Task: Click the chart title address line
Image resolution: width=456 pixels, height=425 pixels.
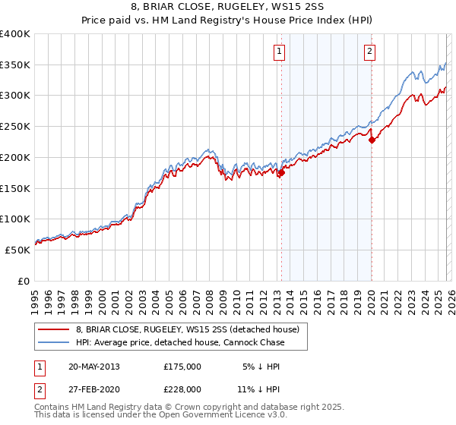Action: [228, 7]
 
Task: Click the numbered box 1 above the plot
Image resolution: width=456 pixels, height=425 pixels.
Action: [279, 52]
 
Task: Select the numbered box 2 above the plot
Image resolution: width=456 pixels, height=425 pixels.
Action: [369, 52]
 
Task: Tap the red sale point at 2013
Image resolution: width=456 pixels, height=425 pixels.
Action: [281, 173]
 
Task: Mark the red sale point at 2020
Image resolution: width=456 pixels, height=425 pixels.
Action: [372, 140]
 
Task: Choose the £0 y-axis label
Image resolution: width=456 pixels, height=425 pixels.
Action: [24, 281]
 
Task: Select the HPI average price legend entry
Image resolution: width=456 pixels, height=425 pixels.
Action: [180, 342]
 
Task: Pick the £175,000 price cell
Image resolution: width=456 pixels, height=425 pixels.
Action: [182, 366]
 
